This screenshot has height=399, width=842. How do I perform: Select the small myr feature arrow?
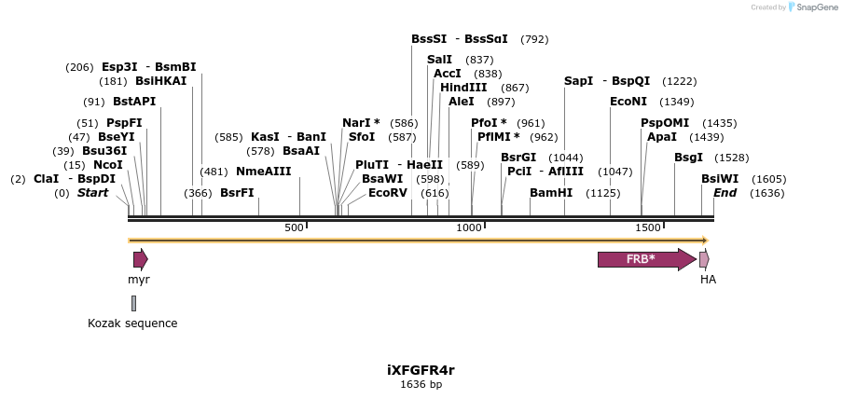tap(140, 259)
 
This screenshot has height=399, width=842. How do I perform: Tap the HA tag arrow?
tap(704, 259)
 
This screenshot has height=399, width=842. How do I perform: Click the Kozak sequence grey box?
tap(133, 303)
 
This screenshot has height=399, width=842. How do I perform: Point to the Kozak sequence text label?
tap(132, 323)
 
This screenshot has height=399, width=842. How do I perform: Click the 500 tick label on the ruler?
tap(294, 227)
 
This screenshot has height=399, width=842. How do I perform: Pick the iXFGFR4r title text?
tap(421, 370)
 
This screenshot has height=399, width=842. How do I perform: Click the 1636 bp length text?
tap(421, 384)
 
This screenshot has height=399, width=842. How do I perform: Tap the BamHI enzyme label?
tap(551, 193)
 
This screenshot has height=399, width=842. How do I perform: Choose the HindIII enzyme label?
tap(463, 87)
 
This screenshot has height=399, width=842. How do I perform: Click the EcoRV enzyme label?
tap(388, 193)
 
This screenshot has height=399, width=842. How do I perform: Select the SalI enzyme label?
tap(439, 60)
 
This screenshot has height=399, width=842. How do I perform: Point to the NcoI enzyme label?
tap(108, 165)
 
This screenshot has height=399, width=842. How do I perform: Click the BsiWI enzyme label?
tap(720, 179)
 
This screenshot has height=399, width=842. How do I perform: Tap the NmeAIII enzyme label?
tap(264, 172)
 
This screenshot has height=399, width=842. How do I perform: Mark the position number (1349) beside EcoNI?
tap(676, 102)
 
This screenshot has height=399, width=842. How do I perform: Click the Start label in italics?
tap(92, 193)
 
